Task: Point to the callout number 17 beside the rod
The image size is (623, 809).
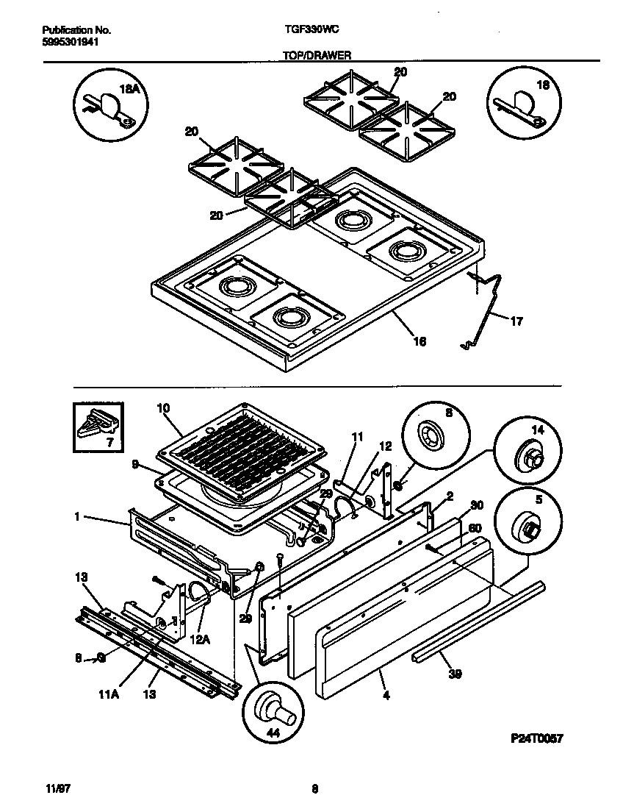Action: click(516, 321)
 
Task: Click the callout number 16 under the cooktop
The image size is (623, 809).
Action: click(419, 341)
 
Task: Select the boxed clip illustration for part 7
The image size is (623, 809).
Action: click(98, 427)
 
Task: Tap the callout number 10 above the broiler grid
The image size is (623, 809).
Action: click(163, 407)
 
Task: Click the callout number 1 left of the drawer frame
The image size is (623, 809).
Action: click(76, 517)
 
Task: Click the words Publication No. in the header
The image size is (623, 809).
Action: click(76, 30)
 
